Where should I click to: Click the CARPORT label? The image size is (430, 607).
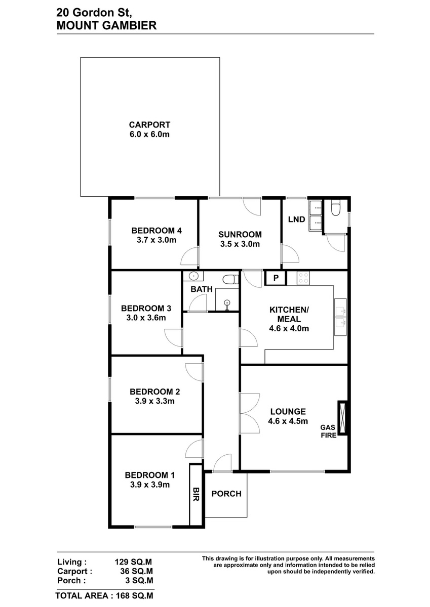[149, 124]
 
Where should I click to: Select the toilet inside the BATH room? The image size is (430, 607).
[230, 279]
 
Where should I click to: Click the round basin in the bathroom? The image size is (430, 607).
[193, 276]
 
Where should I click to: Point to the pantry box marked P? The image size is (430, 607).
[276, 278]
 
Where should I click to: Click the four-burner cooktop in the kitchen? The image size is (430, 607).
[303, 278]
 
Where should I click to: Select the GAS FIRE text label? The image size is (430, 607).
[329, 431]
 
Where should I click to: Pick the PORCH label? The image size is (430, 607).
[226, 494]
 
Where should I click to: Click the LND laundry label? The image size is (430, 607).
[296, 219]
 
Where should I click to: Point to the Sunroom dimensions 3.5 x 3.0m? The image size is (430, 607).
[240, 244]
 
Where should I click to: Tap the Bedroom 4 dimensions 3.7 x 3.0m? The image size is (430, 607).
[157, 240]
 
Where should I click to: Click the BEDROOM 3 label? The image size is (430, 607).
[146, 308]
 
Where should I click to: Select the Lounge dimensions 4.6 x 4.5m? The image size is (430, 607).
[288, 421]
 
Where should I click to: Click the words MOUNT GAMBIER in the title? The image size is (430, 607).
[106, 25]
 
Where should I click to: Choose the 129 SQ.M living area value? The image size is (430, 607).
[133, 562]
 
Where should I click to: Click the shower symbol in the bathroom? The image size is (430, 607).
[227, 304]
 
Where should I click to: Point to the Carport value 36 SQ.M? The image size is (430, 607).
[137, 571]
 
